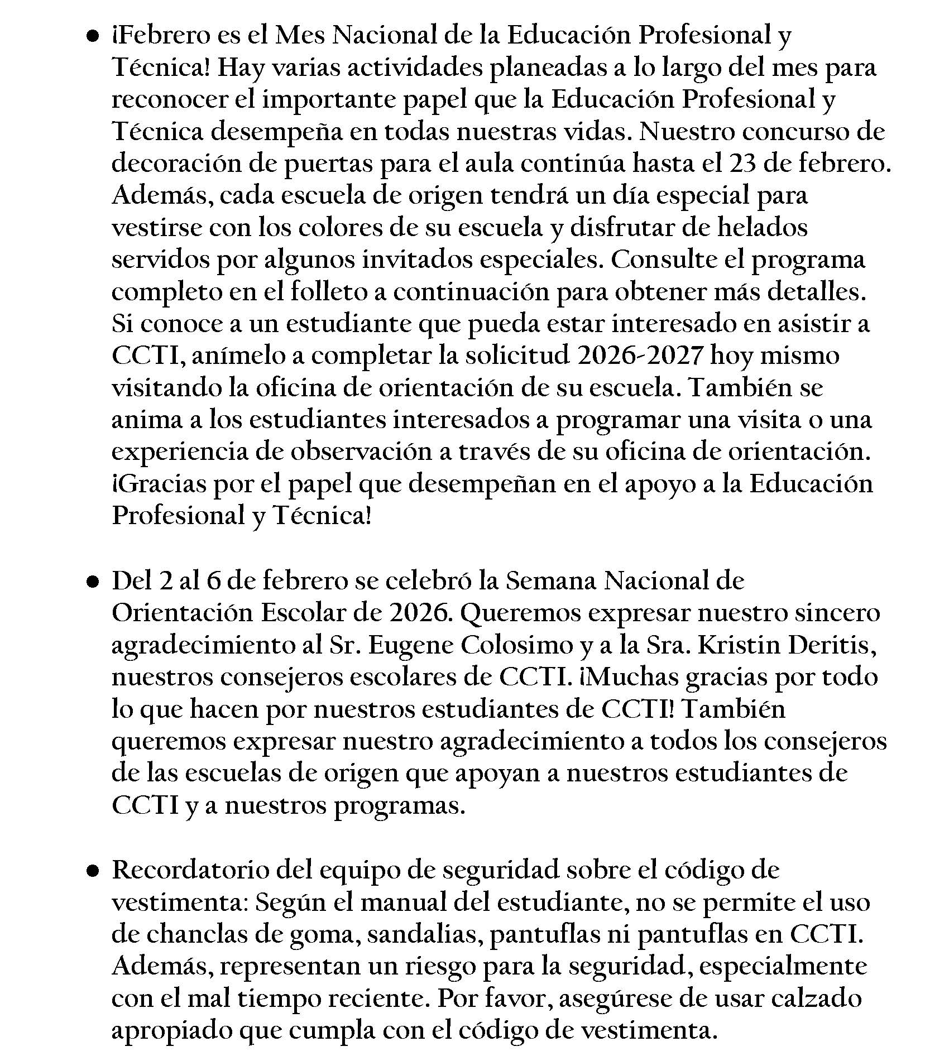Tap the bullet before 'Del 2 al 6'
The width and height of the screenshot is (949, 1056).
click(x=93, y=582)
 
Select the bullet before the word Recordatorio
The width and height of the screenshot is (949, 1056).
click(x=93, y=871)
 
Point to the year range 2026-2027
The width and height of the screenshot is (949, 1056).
click(x=639, y=356)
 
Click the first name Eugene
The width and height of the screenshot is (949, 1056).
click(x=411, y=646)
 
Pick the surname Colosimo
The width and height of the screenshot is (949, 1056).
click(x=516, y=646)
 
